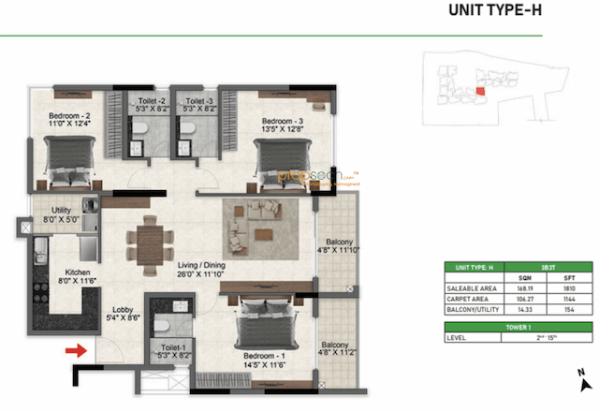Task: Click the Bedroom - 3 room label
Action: pyautogui.click(x=282, y=125)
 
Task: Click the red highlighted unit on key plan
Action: pyautogui.click(x=480, y=91)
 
